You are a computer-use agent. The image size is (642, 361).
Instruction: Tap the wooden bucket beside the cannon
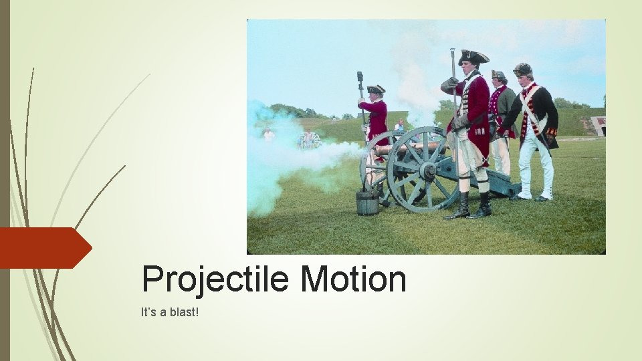(x=366, y=202)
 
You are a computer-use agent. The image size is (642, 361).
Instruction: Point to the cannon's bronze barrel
(x=404, y=148)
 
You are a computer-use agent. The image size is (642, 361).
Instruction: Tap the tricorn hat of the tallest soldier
(x=473, y=57)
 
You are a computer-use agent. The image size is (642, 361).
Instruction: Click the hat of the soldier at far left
(x=376, y=89)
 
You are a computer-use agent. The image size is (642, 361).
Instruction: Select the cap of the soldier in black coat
(x=522, y=69)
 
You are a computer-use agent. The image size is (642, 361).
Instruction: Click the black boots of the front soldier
(x=471, y=206)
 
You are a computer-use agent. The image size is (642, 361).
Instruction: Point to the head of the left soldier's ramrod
(x=360, y=77)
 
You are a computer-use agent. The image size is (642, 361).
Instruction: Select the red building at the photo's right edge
(x=599, y=125)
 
